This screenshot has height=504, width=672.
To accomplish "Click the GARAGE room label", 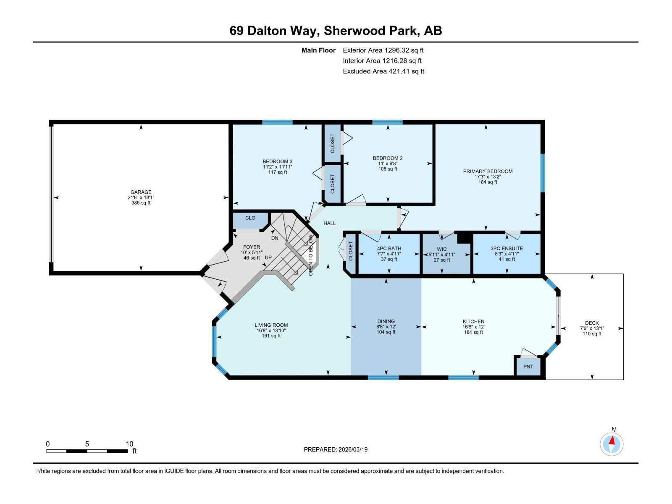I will click(x=141, y=192).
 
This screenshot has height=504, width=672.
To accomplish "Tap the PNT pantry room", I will click(x=528, y=367).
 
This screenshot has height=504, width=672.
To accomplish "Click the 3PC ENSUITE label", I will click(x=507, y=249).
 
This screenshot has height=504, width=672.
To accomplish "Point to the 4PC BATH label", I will click(x=389, y=249).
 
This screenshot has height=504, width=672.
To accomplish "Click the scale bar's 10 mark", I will click(x=129, y=444).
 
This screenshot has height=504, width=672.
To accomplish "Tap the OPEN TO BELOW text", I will click(x=311, y=255).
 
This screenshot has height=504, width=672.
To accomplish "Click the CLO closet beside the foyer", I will click(x=250, y=218).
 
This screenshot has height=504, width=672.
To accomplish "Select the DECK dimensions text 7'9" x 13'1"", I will click(x=592, y=328).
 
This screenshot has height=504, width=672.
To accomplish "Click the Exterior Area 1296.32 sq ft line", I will click(x=383, y=50).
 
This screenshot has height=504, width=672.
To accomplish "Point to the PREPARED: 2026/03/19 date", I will click(x=336, y=449).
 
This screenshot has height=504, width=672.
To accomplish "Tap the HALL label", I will click(x=329, y=223).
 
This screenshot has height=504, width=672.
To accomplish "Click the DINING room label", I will click(x=386, y=321).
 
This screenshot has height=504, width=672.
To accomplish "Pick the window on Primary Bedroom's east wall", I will click(x=542, y=173).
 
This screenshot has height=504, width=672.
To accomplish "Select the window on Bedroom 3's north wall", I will click(x=277, y=122).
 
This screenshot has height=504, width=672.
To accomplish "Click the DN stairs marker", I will click(x=275, y=238).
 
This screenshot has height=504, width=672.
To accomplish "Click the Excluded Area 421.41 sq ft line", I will click(x=383, y=71).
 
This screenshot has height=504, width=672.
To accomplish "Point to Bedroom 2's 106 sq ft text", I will click(x=387, y=169).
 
